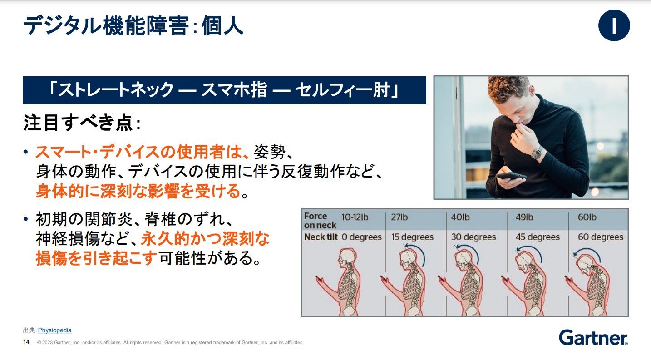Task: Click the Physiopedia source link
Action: pyautogui.click(x=54, y=330)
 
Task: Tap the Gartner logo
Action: pyautogui.click(x=593, y=338)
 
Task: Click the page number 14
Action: pyautogui.click(x=26, y=342)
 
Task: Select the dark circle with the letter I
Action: pyautogui.click(x=614, y=25)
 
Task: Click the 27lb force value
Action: pyautogui.click(x=399, y=217)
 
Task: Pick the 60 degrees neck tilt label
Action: pyautogui.click(x=601, y=237)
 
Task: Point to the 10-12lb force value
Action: pyautogui.click(x=355, y=217)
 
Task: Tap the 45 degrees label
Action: pyautogui.click(x=538, y=237)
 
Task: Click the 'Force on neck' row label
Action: pyautogui.click(x=320, y=221)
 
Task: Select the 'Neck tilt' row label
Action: pyautogui.click(x=321, y=237)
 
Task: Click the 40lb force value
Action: pyautogui.click(x=460, y=217)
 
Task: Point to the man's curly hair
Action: pyautogui.click(x=507, y=87)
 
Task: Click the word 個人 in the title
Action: pyautogui.click(x=222, y=25)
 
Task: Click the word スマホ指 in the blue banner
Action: pyautogui.click(x=234, y=89)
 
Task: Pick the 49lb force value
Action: pyautogui.click(x=525, y=217)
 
